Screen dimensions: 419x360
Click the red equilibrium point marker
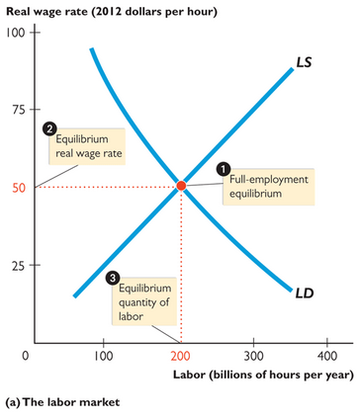(181, 186)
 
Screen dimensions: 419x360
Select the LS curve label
(308, 62)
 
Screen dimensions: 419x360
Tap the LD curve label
(307, 293)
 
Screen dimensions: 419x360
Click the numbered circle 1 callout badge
(224, 169)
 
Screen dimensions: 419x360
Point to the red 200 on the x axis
(179, 355)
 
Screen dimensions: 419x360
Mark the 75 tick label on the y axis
(17, 111)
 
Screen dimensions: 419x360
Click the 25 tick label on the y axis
(17, 265)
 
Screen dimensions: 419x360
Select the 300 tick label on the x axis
(254, 355)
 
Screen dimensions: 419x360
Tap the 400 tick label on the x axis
(328, 355)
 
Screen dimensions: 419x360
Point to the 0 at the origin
(27, 355)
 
